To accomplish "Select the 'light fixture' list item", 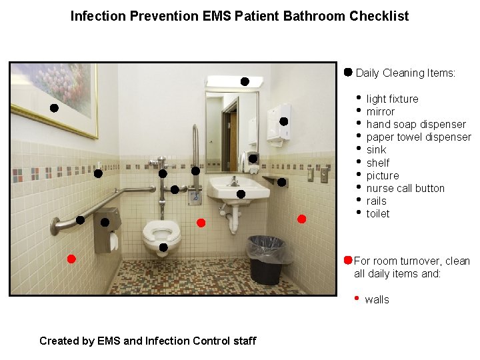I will click(392, 99).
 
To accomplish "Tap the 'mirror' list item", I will click(380, 111).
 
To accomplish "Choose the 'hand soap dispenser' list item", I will click(416, 124).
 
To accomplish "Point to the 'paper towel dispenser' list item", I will click(419, 137).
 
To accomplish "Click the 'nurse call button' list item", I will click(405, 188).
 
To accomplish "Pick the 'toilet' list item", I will click(378, 213).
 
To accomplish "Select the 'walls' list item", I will click(377, 299).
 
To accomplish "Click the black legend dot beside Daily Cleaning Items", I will click(348, 71).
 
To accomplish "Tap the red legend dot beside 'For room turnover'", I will click(348, 259).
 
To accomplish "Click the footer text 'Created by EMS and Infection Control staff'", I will click(147, 341).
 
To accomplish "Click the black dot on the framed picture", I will click(54, 107).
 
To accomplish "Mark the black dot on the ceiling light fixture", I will click(245, 81).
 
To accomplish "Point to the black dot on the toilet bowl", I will click(163, 248).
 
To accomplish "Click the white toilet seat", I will click(161, 232).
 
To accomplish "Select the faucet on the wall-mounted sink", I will click(234, 181).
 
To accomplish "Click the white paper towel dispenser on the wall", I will click(278, 123).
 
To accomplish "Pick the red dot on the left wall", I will click(71, 259).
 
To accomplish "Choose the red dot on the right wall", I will click(301, 219).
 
